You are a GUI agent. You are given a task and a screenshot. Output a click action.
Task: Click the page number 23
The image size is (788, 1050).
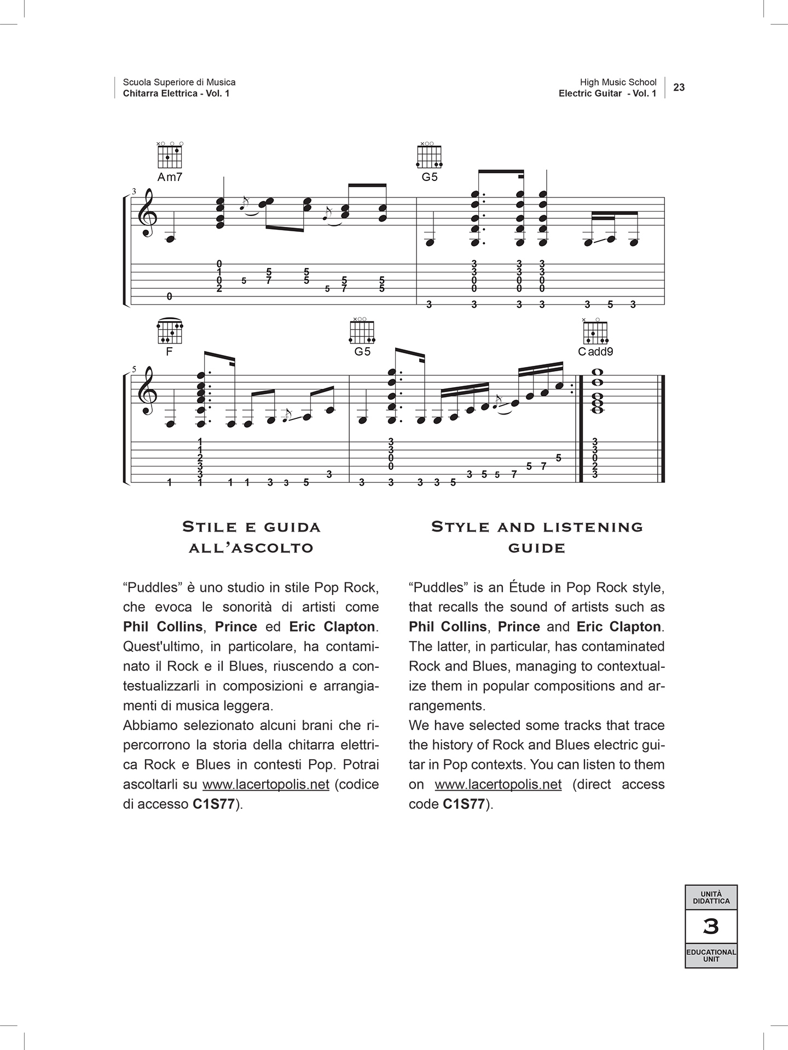click(x=679, y=87)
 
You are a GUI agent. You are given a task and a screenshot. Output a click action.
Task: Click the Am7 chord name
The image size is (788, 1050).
click(x=170, y=177)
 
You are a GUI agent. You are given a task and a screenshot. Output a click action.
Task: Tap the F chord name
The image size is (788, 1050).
click(x=169, y=352)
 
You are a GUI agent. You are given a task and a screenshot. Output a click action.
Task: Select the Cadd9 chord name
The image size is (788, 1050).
click(x=595, y=352)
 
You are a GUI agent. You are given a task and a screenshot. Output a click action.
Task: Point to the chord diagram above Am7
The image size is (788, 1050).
click(x=170, y=155)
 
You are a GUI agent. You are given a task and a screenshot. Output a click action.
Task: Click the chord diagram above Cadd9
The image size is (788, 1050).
click(x=595, y=330)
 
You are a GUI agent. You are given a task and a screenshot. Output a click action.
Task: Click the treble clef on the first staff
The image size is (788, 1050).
click(x=147, y=215)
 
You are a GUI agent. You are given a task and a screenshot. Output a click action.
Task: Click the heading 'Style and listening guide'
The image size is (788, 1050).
click(x=536, y=537)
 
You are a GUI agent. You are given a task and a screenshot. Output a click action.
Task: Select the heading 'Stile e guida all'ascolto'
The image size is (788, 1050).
click(x=251, y=537)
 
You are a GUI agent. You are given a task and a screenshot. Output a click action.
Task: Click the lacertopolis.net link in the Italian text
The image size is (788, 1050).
click(x=266, y=785)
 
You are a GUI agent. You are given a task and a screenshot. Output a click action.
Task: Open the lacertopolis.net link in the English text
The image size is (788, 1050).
click(x=498, y=785)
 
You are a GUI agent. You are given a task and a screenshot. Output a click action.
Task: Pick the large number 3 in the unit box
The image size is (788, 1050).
click(x=711, y=926)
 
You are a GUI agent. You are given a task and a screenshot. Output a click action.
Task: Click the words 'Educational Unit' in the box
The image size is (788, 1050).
click(x=711, y=955)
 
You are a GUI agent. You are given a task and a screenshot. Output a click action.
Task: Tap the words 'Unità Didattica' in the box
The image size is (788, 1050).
click(x=711, y=897)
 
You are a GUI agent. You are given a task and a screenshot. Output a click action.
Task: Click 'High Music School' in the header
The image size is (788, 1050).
click(x=618, y=82)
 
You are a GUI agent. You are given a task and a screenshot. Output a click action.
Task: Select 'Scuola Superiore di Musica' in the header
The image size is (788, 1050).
click(x=179, y=82)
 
